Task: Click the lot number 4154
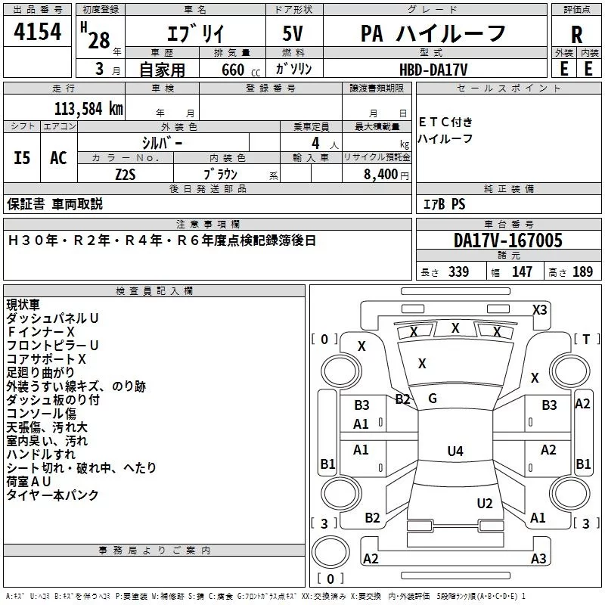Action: pos(37,33)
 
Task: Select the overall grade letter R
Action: pos(576,34)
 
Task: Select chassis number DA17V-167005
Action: pos(507,241)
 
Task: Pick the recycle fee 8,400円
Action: pos(385,174)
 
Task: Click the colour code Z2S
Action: pos(126,174)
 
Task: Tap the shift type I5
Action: pos(23,158)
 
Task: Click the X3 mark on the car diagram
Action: pos(539,309)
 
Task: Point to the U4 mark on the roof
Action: pos(455,451)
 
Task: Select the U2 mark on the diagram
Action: pos(485,504)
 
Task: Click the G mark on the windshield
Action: pos(433,399)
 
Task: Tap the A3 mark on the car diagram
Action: pos(538,559)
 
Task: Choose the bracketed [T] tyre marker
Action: pos(586,339)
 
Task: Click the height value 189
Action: pos(582,272)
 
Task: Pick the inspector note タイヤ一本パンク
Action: pos(53,495)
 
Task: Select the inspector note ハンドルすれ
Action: pos(41,455)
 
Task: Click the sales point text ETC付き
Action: pos(445,122)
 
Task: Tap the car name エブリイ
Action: pos(194,34)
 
